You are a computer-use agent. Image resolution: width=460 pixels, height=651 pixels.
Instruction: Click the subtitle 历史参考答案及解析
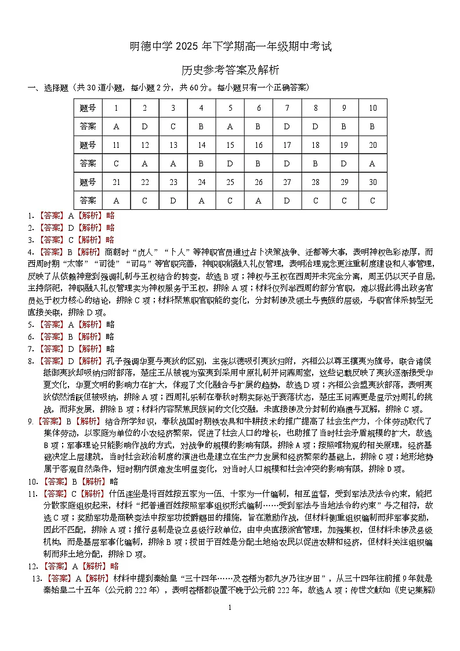pyautogui.click(x=230, y=70)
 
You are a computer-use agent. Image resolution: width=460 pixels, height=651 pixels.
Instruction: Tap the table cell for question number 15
pyautogui.click(x=230, y=145)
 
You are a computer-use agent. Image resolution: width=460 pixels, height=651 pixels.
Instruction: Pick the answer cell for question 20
pyautogui.click(x=372, y=163)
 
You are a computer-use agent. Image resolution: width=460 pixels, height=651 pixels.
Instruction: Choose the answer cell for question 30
pyautogui.click(x=372, y=201)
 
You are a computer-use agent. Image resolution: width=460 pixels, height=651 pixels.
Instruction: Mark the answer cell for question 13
pyautogui.click(x=173, y=163)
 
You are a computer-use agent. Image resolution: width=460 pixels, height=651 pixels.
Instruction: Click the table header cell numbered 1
pyautogui.click(x=116, y=108)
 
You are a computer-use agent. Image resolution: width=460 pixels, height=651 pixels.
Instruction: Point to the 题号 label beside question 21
pyautogui.click(x=88, y=182)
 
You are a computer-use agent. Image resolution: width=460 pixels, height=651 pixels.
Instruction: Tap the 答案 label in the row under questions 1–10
pyautogui.click(x=88, y=126)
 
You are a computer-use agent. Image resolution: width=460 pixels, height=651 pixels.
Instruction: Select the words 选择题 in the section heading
pyautogui.click(x=55, y=88)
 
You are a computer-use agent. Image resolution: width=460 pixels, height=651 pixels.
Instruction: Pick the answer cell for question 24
pyautogui.click(x=201, y=201)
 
